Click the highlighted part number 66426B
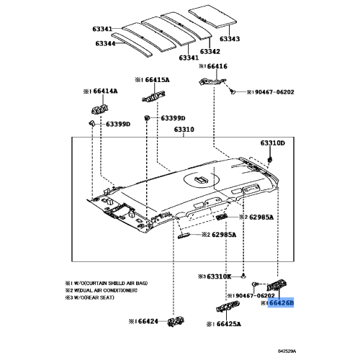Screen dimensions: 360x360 tap(282, 303)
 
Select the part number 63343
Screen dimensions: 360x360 tap(230, 39)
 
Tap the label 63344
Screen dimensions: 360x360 tap(105, 43)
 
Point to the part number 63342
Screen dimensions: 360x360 tap(210, 51)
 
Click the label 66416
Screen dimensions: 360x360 tap(217, 66)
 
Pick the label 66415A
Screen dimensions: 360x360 tap(158, 80)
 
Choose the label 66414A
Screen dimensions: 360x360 tap(106, 91)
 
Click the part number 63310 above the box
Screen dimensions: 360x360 tap(184, 130)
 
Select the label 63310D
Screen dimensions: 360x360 tap(273, 143)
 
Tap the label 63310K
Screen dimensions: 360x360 tap(219, 276)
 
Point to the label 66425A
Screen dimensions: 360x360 tap(229, 324)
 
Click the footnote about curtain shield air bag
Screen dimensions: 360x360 tap(107, 283)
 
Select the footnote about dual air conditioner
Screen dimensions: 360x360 tap(102, 290)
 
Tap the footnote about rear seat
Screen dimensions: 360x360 tap(90, 297)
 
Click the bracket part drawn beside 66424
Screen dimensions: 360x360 tap(176, 321)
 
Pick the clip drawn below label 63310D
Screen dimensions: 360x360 tap(270, 159)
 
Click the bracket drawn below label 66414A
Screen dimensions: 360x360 tap(99, 109)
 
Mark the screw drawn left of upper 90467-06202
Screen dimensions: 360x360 tap(232, 91)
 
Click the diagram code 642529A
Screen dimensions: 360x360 tap(287, 351)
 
